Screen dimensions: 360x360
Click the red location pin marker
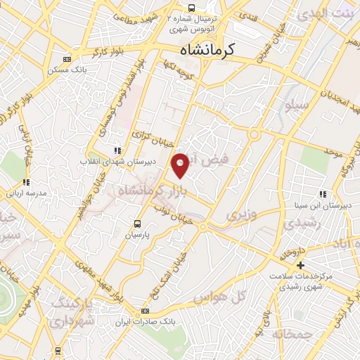click(x=181, y=165)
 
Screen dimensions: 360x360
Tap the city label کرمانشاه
click(x=210, y=51)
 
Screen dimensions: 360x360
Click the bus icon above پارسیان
click(x=137, y=224)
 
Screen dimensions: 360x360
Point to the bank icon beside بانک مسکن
click(x=67, y=60)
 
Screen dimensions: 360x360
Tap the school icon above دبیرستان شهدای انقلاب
click(x=117, y=150)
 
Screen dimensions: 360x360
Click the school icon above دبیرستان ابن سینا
click(x=323, y=194)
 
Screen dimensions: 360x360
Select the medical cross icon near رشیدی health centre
click(x=300, y=265)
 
